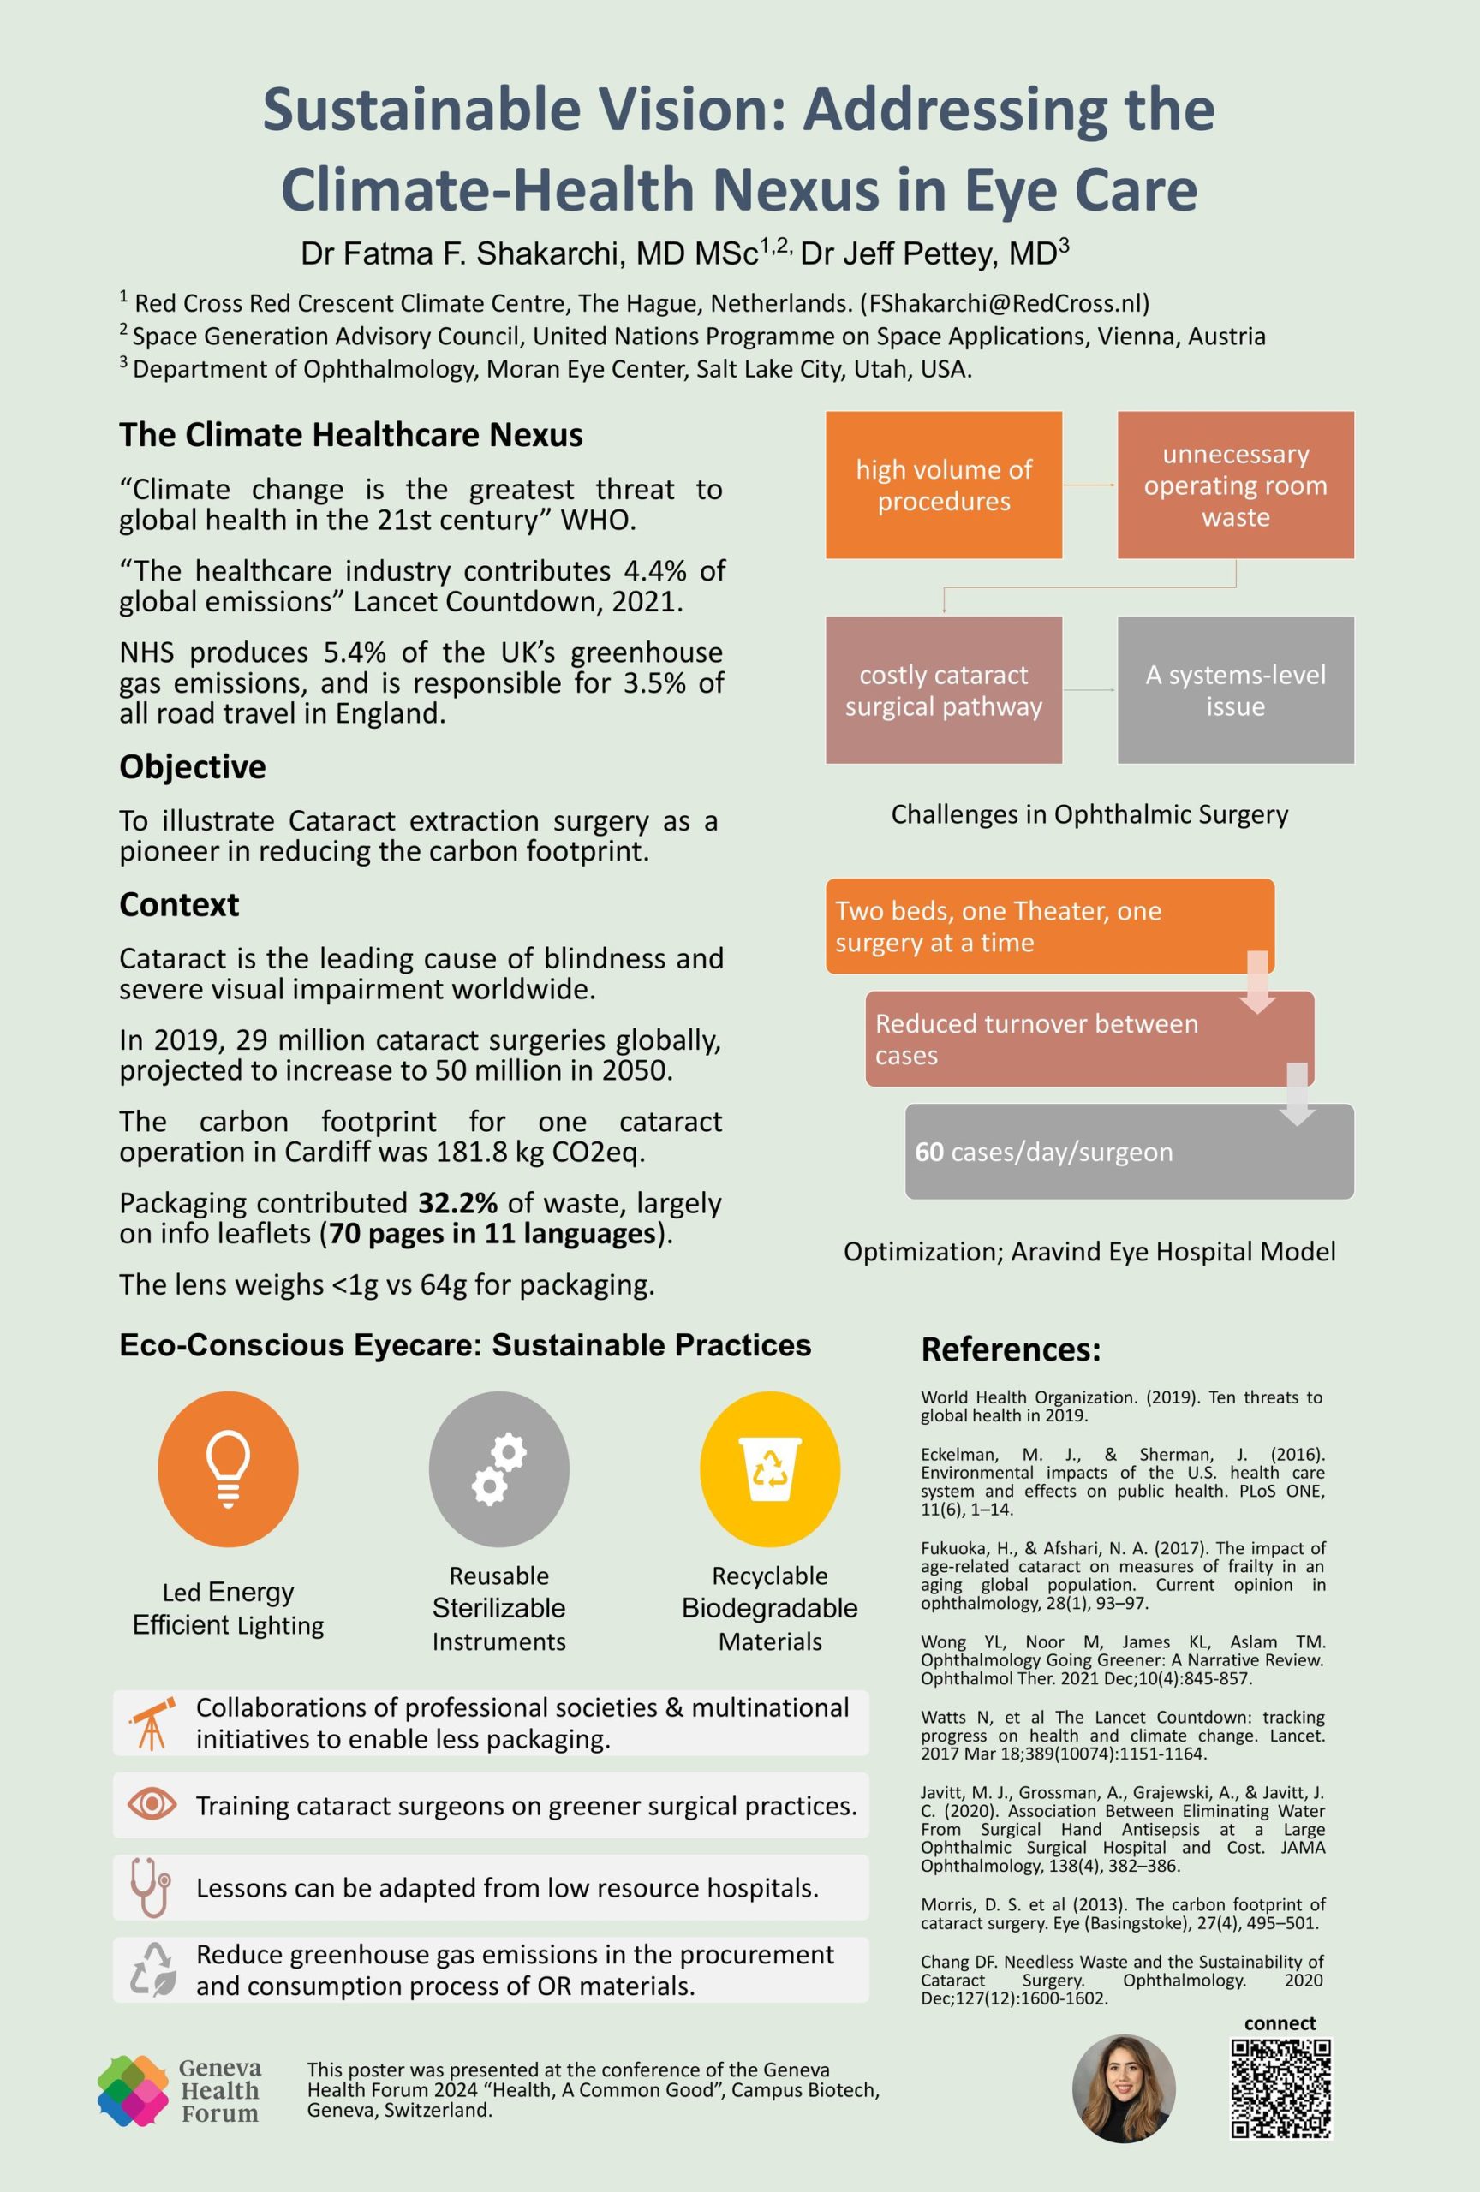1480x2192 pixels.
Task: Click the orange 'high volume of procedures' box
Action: (x=943, y=485)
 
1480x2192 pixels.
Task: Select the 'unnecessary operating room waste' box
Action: (x=1235, y=485)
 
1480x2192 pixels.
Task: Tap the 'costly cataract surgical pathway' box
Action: (x=943, y=689)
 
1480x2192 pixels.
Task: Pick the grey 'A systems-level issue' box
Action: (x=1235, y=689)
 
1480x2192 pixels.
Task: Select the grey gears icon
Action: (x=499, y=1468)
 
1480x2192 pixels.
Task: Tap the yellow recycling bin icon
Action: (x=770, y=1468)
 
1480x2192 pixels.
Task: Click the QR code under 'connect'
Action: (x=1280, y=2088)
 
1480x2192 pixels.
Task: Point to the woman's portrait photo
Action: (x=1124, y=2088)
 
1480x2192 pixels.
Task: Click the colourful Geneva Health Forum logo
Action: (x=133, y=2090)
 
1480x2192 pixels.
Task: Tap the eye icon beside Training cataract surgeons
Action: (x=152, y=1804)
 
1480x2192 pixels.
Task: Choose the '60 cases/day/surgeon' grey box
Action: (x=1128, y=1152)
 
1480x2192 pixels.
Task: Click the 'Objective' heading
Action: (x=193, y=767)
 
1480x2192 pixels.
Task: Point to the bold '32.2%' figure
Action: (x=457, y=1204)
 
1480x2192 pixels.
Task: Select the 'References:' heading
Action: (x=1011, y=1349)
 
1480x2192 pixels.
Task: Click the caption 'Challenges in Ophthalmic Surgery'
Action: (x=1089, y=814)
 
